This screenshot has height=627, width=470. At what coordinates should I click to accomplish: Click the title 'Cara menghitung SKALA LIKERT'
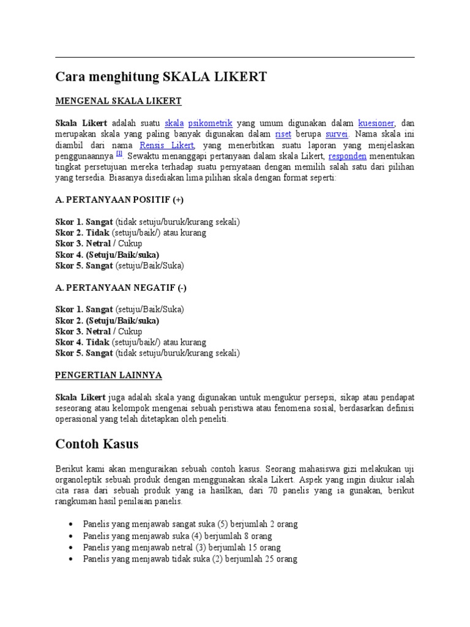162,77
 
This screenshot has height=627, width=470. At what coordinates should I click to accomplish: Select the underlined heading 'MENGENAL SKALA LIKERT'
119,100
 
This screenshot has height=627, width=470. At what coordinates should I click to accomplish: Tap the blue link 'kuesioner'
376,123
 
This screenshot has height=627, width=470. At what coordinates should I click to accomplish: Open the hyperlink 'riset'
283,134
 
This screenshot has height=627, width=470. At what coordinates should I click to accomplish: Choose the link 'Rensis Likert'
167,145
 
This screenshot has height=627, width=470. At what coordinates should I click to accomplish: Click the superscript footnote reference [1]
119,154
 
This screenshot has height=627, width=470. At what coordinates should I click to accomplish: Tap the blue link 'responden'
348,156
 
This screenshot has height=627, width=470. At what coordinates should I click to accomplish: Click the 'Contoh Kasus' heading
97,443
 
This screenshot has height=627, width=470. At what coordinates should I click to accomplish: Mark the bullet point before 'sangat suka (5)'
72,525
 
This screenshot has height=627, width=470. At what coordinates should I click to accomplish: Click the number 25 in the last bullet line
252,559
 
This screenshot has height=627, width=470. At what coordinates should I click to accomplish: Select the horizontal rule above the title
235,57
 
